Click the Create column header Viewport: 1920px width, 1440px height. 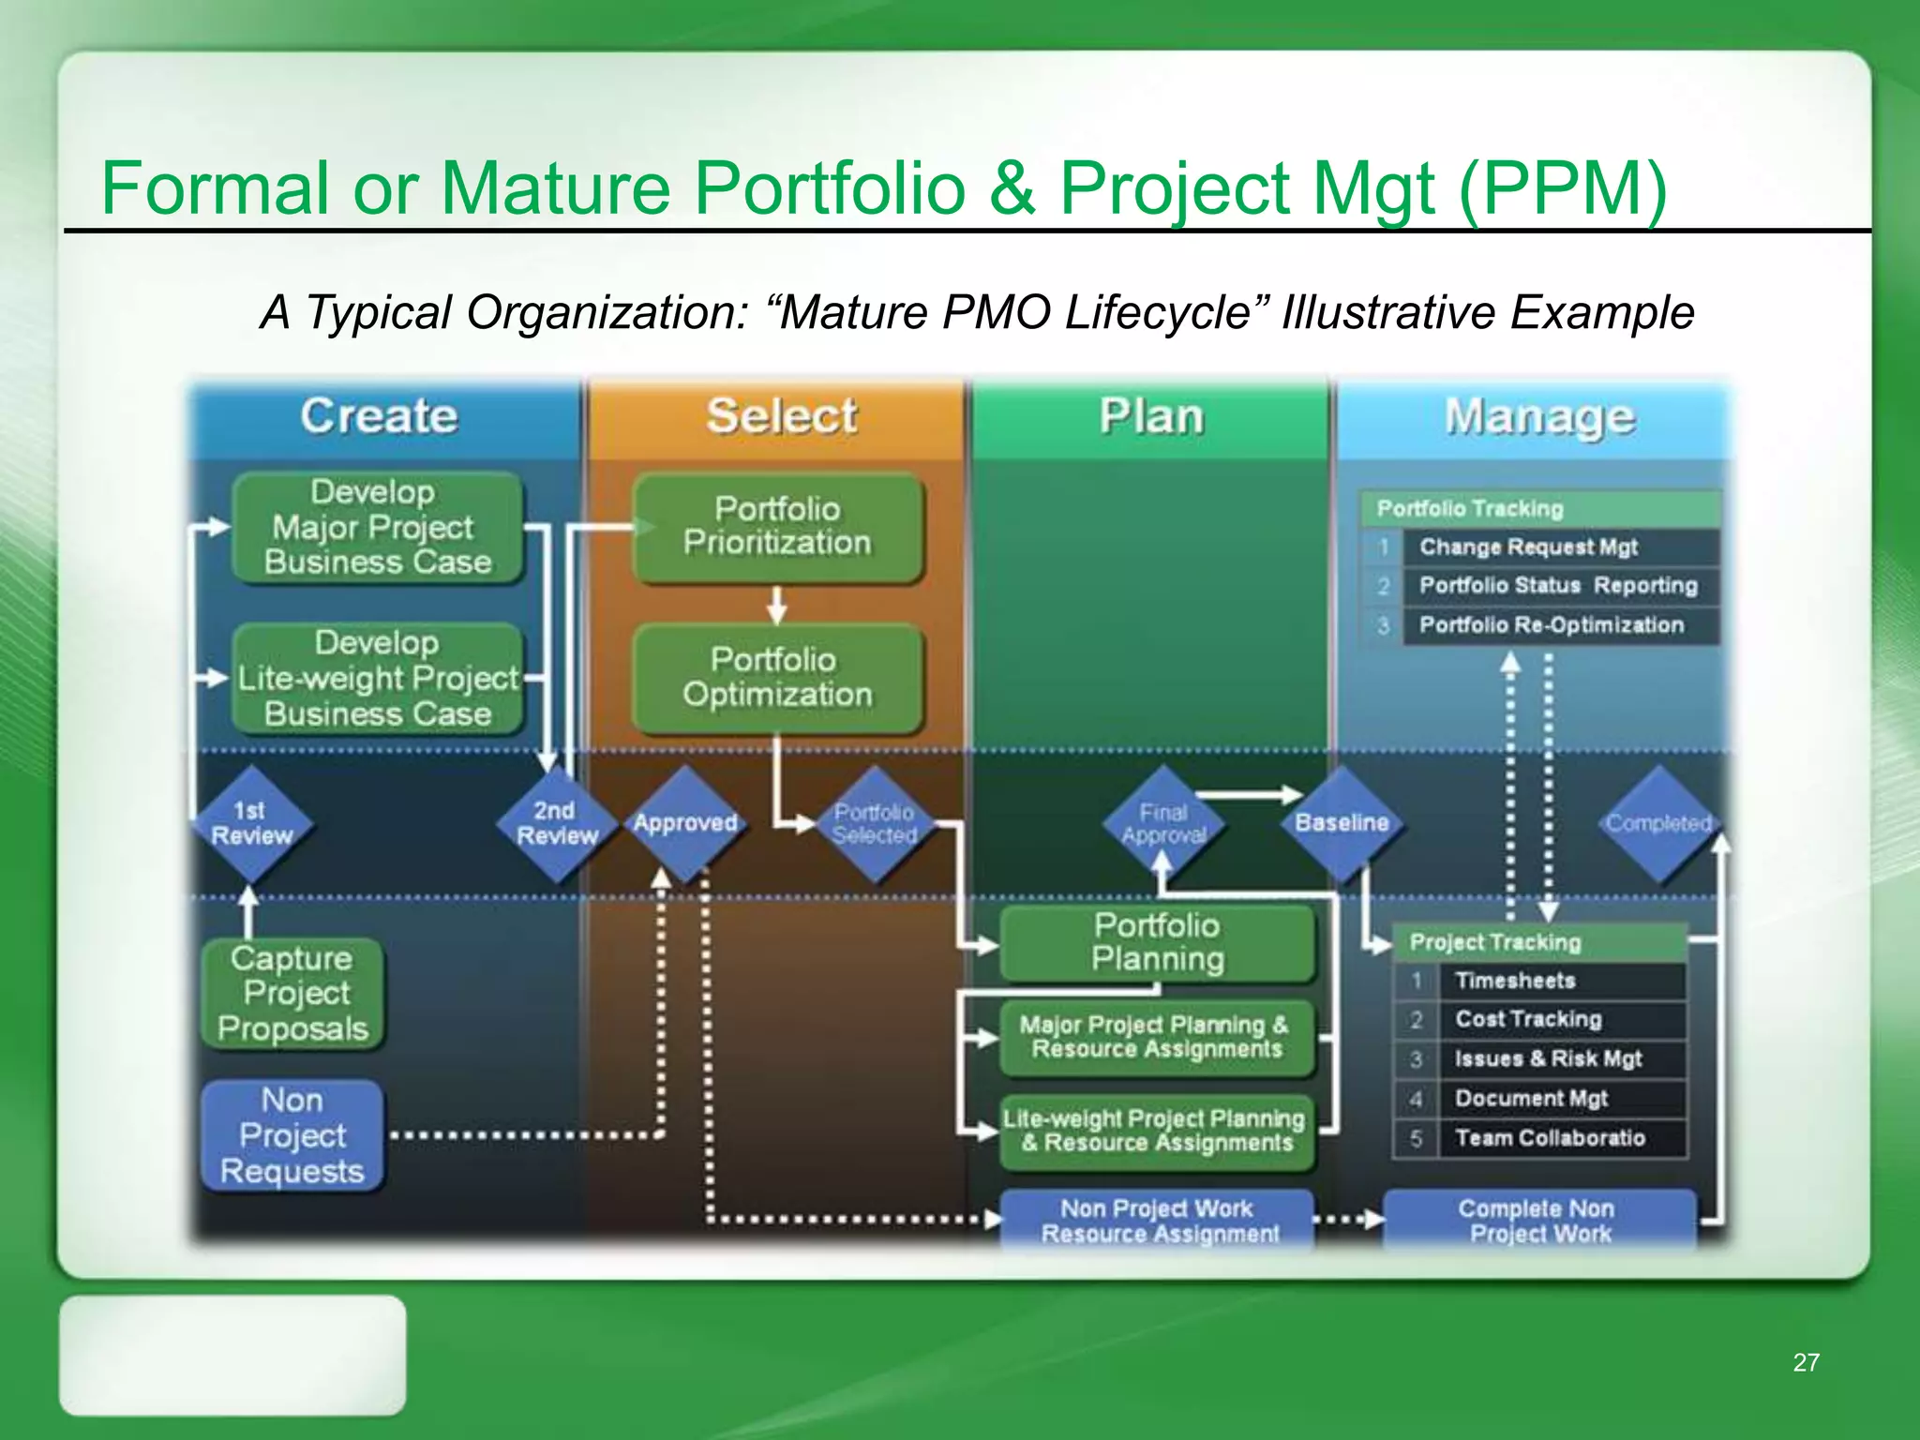pos(380,416)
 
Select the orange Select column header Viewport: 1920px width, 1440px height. pos(781,416)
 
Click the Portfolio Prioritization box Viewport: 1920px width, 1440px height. pos(777,527)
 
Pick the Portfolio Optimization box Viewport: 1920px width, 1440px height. pos(777,678)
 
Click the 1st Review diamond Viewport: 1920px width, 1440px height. pos(250,824)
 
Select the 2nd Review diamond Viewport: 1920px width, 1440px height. pos(557,824)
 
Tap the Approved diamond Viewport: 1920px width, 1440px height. pos(685,824)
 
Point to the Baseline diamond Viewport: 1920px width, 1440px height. pos(1342,824)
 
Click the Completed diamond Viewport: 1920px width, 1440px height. pos(1658,824)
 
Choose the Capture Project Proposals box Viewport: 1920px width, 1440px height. pos(292,994)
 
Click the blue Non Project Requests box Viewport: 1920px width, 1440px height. pos(292,1136)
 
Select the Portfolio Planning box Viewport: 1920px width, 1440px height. pos(1158,943)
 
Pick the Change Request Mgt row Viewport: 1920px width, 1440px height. pos(1528,547)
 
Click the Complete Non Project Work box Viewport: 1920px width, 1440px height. pos(1538,1221)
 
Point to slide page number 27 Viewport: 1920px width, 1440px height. pos(1806,1363)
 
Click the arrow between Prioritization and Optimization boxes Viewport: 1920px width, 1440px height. pos(776,606)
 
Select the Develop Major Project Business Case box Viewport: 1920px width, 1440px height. pos(377,527)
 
